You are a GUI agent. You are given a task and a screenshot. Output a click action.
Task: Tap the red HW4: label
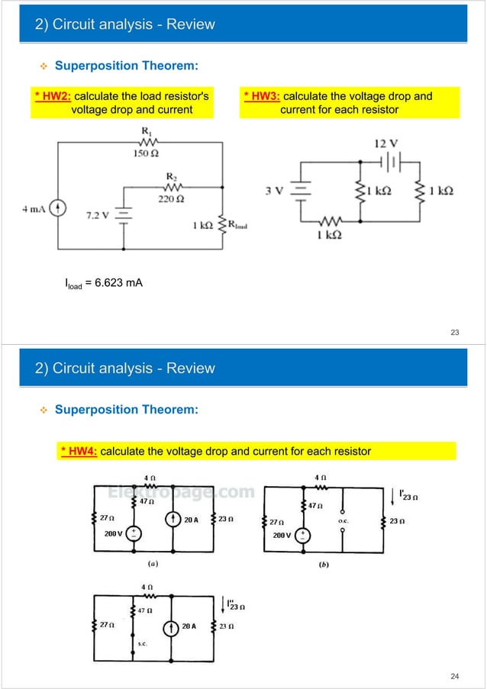click(79, 451)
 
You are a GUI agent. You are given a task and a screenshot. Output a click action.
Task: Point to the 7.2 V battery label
click(98, 216)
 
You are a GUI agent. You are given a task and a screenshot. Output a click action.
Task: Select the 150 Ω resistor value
click(144, 153)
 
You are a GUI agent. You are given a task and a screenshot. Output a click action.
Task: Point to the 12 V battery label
click(383, 144)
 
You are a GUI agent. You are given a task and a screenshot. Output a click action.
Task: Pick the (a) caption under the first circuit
click(153, 565)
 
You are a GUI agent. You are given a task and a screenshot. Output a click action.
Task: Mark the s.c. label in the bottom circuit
click(142, 643)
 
